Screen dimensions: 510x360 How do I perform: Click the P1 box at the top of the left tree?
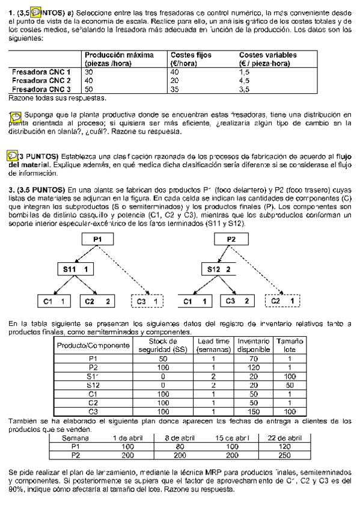coord(98,239)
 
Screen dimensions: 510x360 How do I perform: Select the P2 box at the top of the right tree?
coord(232,239)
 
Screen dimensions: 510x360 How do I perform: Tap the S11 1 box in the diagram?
coord(76,269)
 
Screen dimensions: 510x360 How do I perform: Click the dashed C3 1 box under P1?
coord(147,300)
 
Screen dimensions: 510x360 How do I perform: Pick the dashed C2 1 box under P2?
coord(283,300)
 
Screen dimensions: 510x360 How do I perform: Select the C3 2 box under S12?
coord(239,300)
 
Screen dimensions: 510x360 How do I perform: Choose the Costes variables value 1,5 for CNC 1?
coord(244,72)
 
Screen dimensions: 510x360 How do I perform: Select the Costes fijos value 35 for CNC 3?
coord(175,89)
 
